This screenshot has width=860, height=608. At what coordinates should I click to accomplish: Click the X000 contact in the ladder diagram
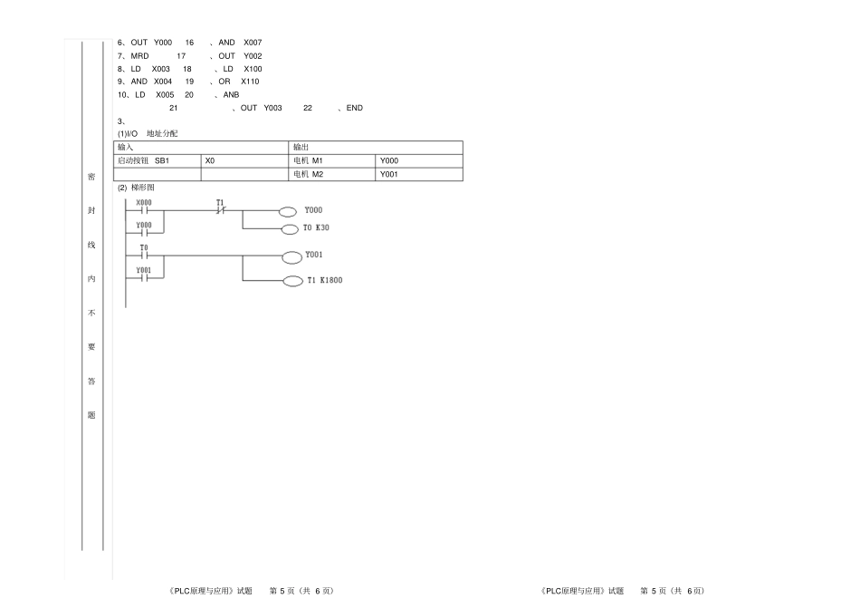point(144,210)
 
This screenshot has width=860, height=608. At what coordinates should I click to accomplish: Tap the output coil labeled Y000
point(288,212)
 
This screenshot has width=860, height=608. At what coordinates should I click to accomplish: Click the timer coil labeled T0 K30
point(290,229)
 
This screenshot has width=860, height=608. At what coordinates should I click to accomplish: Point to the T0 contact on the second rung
point(144,256)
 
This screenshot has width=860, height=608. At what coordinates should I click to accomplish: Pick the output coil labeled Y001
point(291,257)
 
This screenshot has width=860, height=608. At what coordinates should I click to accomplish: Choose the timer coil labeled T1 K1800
point(293,282)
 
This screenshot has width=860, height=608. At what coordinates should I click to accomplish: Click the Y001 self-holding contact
point(144,278)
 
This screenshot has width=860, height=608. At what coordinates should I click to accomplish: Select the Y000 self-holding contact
point(144,233)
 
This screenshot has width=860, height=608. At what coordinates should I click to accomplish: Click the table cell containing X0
point(244,160)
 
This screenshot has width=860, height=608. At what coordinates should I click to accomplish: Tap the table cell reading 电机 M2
point(332,175)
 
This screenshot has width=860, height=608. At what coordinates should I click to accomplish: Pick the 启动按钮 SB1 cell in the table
point(158,160)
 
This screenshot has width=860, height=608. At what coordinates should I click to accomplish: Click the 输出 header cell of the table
point(376,147)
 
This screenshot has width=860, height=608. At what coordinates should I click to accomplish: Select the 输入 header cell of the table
point(201,147)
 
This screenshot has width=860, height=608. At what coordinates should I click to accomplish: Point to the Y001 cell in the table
point(419,175)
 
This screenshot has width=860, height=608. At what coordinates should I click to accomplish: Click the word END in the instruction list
point(354,108)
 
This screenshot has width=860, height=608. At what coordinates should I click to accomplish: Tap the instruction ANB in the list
point(231,95)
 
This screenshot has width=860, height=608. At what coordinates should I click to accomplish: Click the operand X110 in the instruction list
point(250,82)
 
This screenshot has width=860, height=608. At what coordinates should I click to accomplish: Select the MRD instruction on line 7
point(139,56)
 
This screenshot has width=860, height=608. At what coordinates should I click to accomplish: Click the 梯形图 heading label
point(143,188)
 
